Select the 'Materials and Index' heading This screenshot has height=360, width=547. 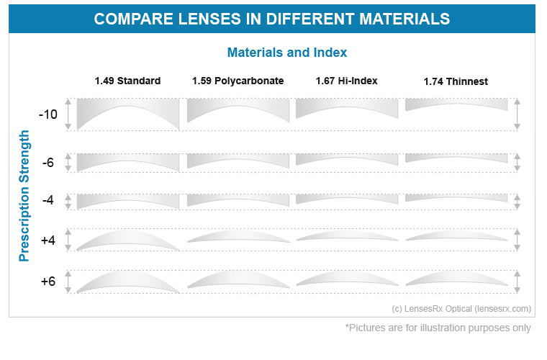click(286, 53)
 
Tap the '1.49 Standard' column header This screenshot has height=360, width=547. click(127, 81)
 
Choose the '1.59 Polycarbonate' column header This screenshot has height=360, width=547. click(238, 81)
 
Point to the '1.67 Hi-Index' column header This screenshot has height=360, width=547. click(346, 81)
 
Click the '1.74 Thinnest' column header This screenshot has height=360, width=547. click(456, 81)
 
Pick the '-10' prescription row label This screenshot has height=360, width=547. click(48, 114)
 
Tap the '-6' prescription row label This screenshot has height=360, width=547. click(48, 163)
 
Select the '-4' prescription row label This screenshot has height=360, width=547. click(48, 200)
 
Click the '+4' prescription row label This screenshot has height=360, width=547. click(48, 240)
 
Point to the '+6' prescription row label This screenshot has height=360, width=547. click(48, 281)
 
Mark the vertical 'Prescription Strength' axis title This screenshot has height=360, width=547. click(25, 195)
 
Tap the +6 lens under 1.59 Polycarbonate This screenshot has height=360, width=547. click(238, 282)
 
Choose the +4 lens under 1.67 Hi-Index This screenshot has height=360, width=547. click(347, 236)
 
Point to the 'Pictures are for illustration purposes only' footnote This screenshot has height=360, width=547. click(438, 328)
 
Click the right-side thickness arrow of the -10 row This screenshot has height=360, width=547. click(517, 114)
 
